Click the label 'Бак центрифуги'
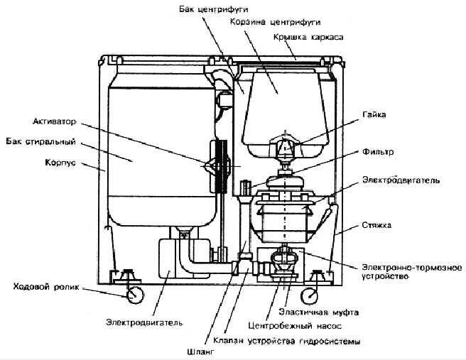[x=213, y=9]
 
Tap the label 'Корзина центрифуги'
[x=275, y=22]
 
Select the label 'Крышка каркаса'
[x=308, y=37]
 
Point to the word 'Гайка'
[x=374, y=114]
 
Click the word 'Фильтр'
[x=378, y=152]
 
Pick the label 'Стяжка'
[x=376, y=226]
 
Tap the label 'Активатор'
[x=55, y=121]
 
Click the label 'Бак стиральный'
[x=40, y=142]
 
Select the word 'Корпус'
[x=60, y=163]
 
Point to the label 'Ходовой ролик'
[x=46, y=287]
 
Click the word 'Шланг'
[x=200, y=352]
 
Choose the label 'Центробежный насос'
[x=295, y=326]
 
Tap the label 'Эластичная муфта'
[x=318, y=312]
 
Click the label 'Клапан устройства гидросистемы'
[x=287, y=341]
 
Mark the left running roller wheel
[x=135, y=295]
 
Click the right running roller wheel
[x=310, y=296]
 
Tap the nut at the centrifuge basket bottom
[x=284, y=146]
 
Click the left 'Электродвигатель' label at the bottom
[x=144, y=322]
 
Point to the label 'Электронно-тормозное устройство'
[x=412, y=272]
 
